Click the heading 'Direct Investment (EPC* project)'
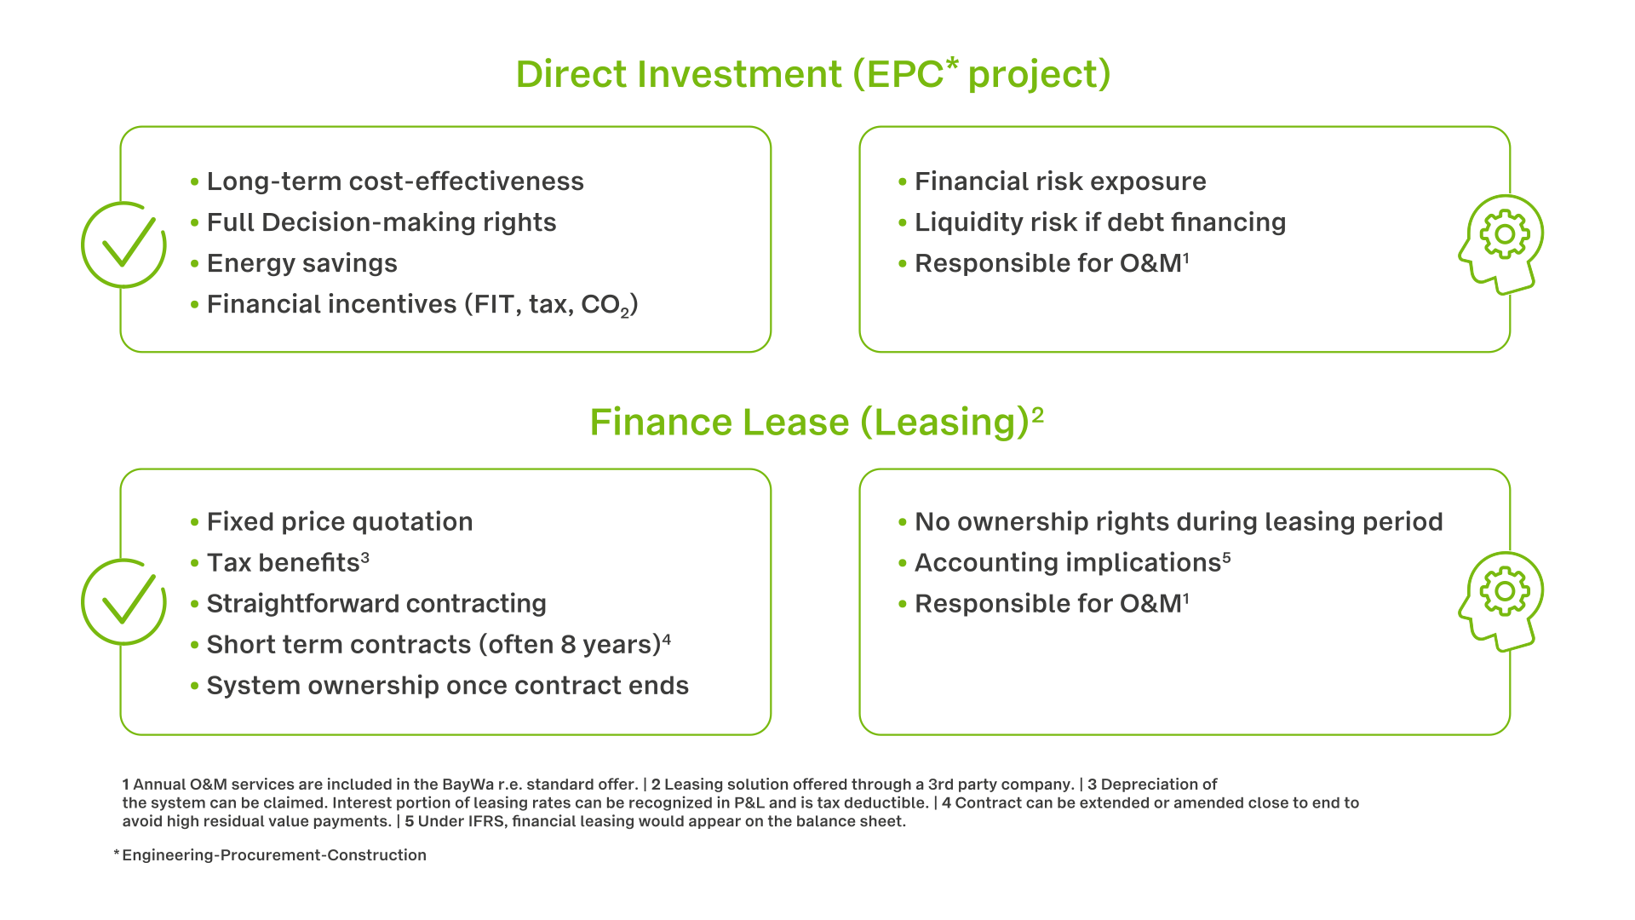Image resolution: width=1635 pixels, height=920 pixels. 813,74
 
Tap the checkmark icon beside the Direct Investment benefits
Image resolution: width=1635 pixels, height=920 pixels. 123,244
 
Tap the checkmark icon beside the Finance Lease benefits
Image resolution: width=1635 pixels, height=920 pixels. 123,601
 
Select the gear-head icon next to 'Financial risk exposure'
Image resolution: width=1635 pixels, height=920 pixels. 1501,244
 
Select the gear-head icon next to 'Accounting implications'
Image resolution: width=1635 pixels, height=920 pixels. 1501,601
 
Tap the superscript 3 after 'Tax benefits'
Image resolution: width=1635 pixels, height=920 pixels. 365,557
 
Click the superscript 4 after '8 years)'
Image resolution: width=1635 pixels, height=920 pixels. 667,639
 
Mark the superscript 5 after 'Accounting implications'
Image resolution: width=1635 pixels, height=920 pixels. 1226,557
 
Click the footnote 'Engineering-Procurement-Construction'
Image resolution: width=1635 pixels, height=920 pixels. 274,855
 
